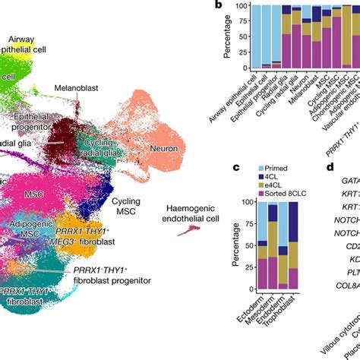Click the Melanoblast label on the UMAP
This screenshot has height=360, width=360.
[76, 88]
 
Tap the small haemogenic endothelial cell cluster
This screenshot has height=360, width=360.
[185, 230]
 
